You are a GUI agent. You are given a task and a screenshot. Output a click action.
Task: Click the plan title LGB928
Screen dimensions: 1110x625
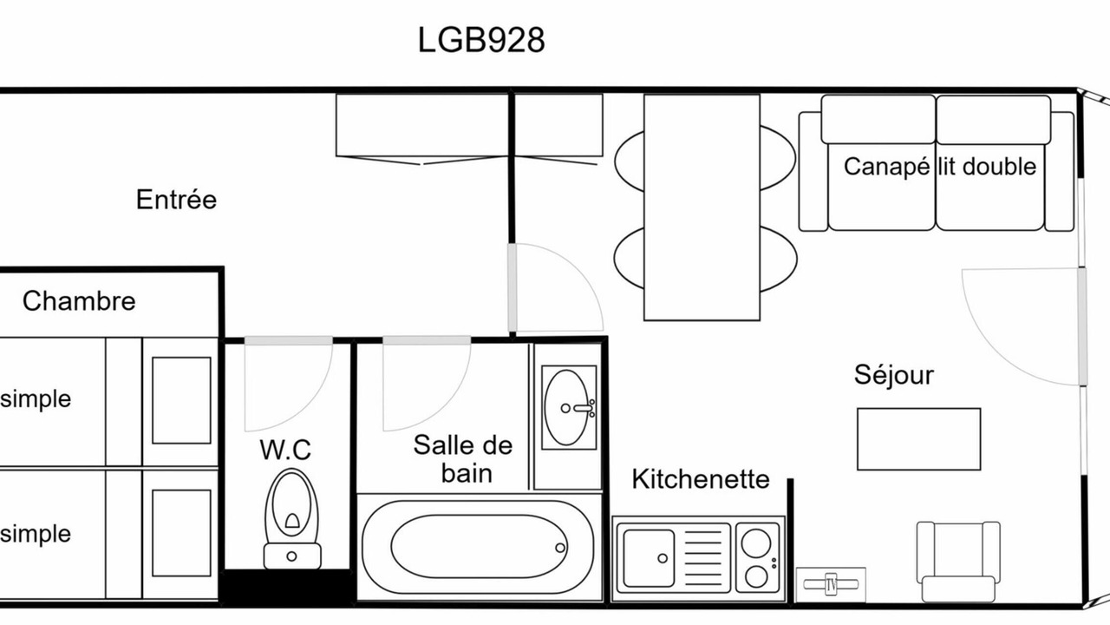click(481, 40)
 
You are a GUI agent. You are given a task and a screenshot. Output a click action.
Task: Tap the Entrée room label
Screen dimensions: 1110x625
click(176, 200)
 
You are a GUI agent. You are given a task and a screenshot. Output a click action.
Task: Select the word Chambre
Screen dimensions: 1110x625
click(79, 301)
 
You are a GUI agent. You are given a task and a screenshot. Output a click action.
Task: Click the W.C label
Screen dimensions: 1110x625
click(285, 450)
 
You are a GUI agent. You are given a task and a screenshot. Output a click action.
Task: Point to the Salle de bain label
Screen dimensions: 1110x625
click(463, 459)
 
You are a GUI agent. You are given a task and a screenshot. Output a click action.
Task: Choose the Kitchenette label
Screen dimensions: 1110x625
click(701, 479)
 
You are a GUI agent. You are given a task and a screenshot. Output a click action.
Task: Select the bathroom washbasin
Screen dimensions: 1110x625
click(568, 407)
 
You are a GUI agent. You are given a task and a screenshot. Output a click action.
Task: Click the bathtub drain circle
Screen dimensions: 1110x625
click(560, 548)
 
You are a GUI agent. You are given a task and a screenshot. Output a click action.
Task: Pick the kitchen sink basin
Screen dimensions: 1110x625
click(649, 558)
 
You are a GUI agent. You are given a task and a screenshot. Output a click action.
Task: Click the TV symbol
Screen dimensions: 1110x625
click(831, 584)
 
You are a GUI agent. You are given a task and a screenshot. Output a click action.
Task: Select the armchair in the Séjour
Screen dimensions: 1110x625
click(958, 562)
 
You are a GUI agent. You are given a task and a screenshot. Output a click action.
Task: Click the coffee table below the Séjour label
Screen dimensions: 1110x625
click(918, 439)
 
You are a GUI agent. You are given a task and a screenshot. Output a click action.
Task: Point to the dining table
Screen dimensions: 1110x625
click(702, 207)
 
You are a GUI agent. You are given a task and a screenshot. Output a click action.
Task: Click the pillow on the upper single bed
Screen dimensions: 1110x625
click(181, 400)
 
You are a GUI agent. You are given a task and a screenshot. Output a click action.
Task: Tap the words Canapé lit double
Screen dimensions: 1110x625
click(940, 167)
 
